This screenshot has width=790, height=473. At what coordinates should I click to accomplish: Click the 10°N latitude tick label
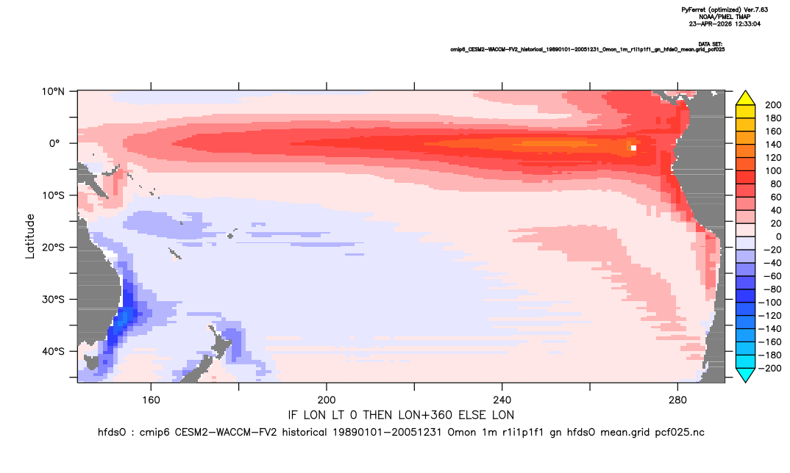click(53, 91)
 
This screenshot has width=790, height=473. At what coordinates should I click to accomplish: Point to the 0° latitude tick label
click(54, 143)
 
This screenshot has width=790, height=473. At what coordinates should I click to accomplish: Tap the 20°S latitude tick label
click(53, 248)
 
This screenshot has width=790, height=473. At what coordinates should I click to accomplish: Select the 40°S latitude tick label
click(53, 351)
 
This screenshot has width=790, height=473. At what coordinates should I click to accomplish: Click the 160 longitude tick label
click(151, 400)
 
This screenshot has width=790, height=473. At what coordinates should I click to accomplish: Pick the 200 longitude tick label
click(327, 400)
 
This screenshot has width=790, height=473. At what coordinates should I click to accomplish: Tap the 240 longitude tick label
click(502, 400)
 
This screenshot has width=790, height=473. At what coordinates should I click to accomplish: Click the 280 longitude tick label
click(677, 400)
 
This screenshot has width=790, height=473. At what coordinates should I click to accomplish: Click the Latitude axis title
click(30, 236)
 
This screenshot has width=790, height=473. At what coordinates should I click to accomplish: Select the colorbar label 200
click(773, 105)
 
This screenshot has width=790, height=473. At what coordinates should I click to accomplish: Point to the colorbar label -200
click(770, 368)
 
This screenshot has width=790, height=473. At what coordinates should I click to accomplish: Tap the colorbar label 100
click(773, 171)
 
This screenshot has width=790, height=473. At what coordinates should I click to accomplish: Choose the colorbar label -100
click(770, 303)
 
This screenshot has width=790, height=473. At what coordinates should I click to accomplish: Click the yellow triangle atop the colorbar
click(745, 98)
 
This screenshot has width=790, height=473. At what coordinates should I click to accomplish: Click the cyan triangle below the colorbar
click(745, 375)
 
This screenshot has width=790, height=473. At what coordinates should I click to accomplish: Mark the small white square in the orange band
click(633, 148)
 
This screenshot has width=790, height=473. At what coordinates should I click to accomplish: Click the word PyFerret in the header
click(693, 10)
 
